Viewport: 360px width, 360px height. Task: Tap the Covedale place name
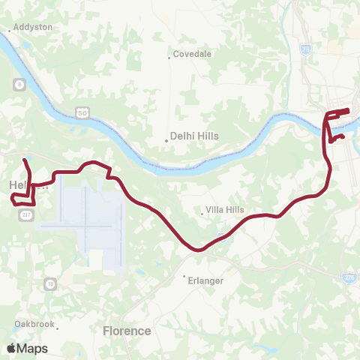pyautogui.click(x=193, y=54)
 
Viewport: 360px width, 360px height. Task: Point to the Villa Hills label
pyautogui.click(x=226, y=210)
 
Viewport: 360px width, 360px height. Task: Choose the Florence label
pyautogui.click(x=127, y=330)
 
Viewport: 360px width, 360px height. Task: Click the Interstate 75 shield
pyautogui.click(x=305, y=49)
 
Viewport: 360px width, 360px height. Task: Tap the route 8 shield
pyautogui.click(x=17, y=84)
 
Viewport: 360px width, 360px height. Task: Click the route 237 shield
pyautogui.click(x=25, y=214)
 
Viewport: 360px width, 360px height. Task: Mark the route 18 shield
pyautogui.click(x=50, y=283)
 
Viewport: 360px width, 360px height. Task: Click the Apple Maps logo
pyautogui.click(x=26, y=348)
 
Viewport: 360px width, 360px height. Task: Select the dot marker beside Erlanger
pyautogui.click(x=184, y=276)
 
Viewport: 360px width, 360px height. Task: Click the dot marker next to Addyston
pyautogui.click(x=9, y=31)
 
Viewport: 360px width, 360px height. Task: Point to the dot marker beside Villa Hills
pyautogui.click(x=202, y=214)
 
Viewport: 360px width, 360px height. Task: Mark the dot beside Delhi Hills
pyautogui.click(x=166, y=140)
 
